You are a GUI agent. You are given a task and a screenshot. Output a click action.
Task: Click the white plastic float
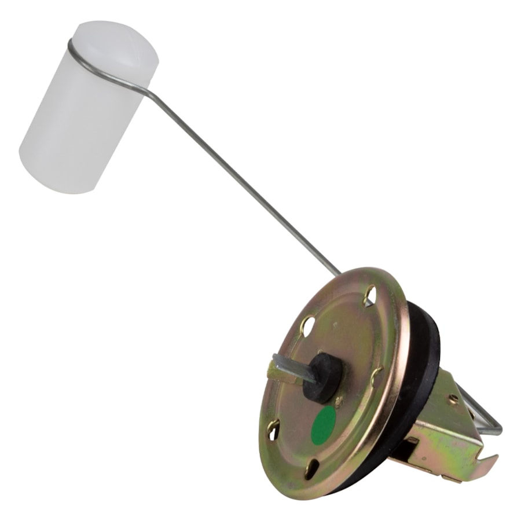click(x=87, y=110)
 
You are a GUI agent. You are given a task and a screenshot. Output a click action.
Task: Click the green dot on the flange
click(x=324, y=425)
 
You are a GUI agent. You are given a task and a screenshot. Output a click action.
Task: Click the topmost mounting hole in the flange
click(x=370, y=295)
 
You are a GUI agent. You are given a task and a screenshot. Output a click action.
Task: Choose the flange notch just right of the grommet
click(x=376, y=376)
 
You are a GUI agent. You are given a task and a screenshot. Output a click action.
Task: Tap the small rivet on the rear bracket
click(x=453, y=398)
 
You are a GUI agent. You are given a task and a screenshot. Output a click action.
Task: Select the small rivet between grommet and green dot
click(x=339, y=400)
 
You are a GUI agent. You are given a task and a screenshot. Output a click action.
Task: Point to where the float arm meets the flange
click(x=342, y=274)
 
